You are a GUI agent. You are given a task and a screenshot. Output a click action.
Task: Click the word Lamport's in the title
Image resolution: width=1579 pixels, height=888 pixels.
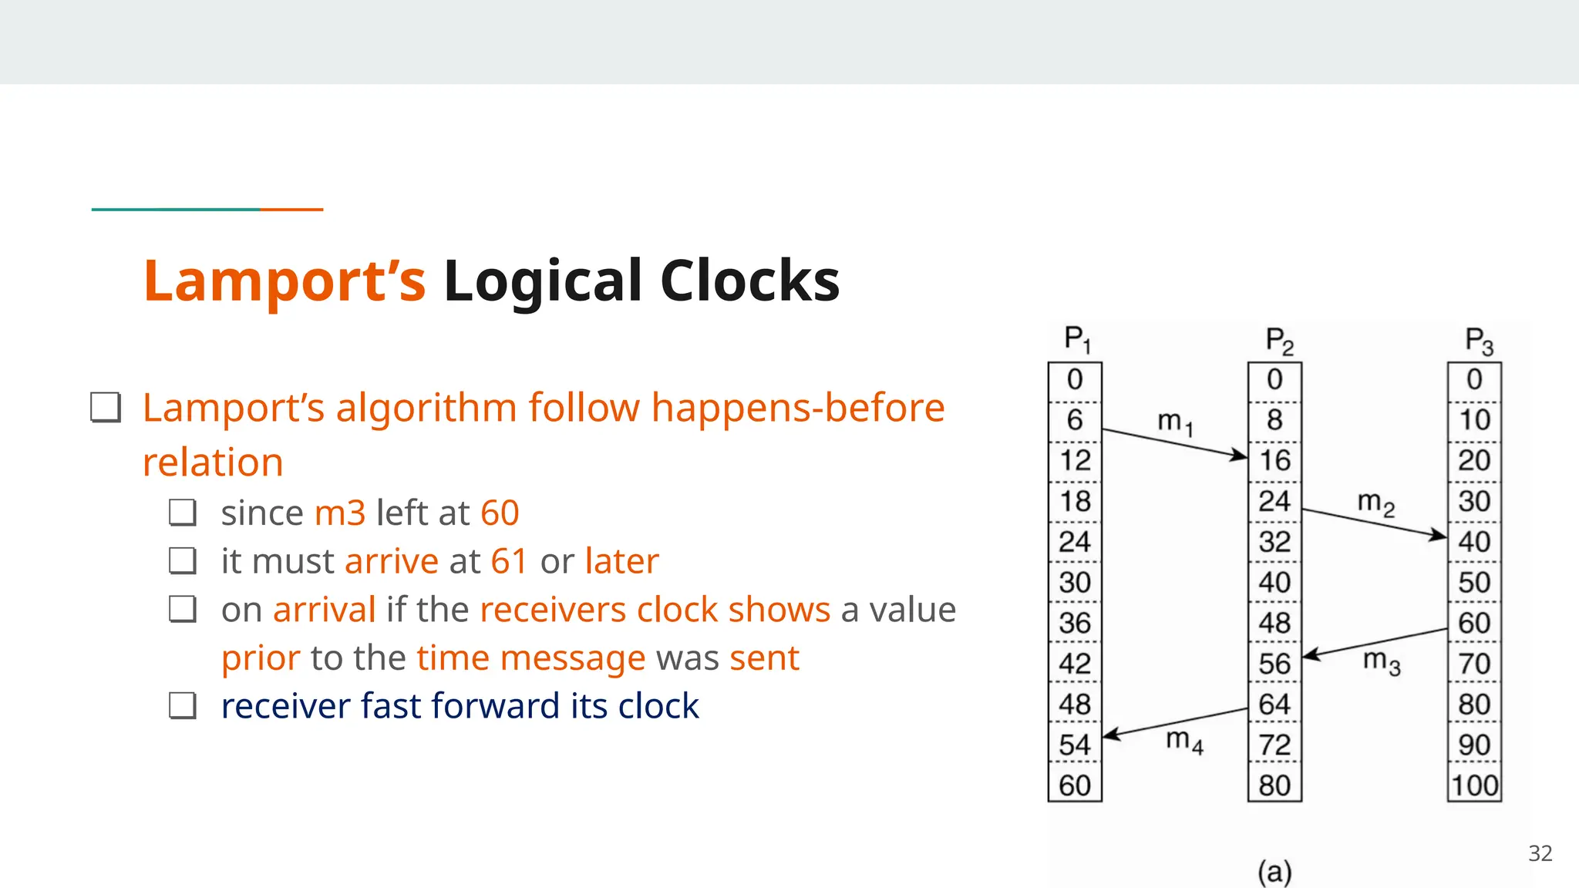[284, 281]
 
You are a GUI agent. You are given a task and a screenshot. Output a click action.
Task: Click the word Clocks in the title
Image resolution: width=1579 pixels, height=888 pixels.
[749, 281]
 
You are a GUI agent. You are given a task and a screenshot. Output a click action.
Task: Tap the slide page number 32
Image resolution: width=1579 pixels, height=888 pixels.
[1540, 853]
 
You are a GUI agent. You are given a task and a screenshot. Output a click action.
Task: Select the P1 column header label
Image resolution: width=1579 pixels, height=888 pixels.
[1076, 339]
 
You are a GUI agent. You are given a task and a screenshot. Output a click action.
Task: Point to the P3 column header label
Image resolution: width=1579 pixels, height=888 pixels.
[1478, 341]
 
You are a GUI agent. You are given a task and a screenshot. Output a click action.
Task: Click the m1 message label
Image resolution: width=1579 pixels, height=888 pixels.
[1175, 422]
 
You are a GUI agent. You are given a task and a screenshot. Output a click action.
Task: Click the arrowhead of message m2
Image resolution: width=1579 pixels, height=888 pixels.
[1439, 535]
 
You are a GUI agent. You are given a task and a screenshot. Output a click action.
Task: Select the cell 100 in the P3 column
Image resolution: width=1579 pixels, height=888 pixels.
[1474, 785]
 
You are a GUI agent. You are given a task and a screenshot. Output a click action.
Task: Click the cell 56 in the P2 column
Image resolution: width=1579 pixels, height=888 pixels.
[1274, 664]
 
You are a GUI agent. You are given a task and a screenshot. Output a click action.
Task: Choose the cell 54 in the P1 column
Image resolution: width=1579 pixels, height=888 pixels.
[1075, 745]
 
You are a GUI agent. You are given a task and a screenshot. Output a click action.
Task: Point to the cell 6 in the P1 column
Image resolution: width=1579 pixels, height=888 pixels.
[1075, 420]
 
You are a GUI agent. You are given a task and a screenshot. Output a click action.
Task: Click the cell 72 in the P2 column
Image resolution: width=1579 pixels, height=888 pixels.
[1274, 745]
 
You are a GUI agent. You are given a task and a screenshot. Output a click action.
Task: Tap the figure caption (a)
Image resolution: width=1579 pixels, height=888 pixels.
[1274, 872]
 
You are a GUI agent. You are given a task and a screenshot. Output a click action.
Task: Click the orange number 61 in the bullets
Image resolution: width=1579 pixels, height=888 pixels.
[509, 561]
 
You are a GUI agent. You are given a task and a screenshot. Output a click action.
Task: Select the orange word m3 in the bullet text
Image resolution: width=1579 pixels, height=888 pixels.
[340, 513]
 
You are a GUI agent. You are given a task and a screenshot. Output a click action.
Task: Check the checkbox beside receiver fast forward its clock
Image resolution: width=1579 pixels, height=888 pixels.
[183, 705]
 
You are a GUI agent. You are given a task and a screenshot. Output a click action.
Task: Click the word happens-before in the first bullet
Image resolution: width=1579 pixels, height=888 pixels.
[797, 408]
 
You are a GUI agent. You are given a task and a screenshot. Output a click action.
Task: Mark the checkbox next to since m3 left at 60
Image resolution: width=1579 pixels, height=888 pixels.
[183, 513]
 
